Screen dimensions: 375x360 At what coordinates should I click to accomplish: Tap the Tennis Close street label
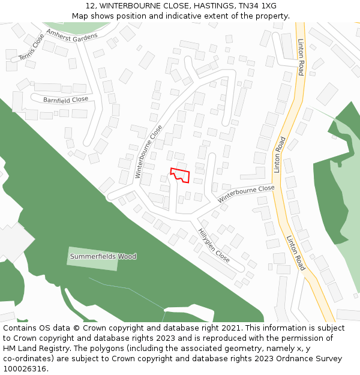(x=31, y=47)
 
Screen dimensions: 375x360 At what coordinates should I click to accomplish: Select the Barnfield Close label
(x=65, y=100)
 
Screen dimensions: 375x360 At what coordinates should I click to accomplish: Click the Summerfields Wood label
(x=103, y=257)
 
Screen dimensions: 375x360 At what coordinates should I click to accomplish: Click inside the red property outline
(x=182, y=176)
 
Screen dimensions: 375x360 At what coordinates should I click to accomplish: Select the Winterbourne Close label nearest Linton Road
(x=246, y=193)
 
